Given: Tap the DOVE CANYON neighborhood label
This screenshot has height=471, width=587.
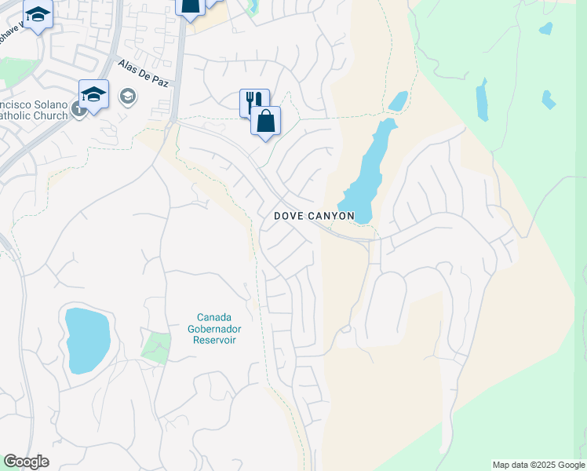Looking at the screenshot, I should coord(314,215).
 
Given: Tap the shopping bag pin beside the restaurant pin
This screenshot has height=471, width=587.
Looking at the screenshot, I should coord(266,122).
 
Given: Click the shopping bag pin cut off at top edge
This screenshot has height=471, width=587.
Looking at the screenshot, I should coord(191,6).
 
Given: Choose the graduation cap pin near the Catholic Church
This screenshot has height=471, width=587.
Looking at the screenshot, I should coord(93,96).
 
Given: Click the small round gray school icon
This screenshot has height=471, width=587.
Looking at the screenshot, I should coord(127,96).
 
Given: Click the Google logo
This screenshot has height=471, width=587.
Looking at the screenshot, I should coord(26,462).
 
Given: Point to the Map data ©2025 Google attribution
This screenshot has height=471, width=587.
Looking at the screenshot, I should coord(538,465).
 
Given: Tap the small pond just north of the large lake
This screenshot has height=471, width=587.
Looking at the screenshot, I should coord(399,101).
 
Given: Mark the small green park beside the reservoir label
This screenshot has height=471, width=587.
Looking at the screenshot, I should coord(157,347).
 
